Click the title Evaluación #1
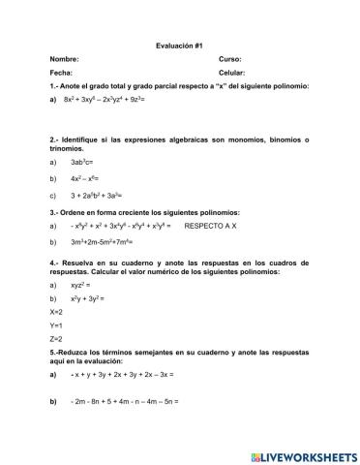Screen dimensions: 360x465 point(179,46)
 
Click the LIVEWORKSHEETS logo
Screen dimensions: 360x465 point(304,454)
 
